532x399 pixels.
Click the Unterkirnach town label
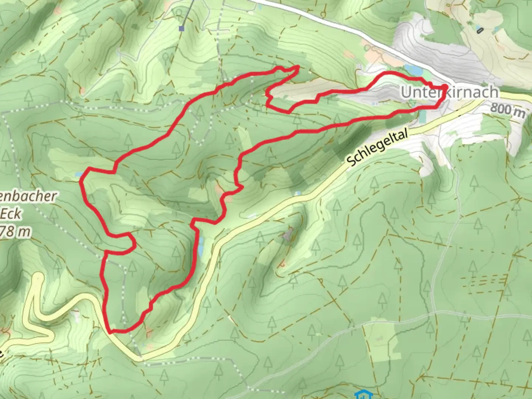pyautogui.click(x=449, y=92)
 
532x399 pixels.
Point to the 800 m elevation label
pyautogui.click(x=508, y=110)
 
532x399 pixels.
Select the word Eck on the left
pyautogui.click(x=11, y=214)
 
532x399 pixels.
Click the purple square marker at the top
pyautogui.click(x=181, y=28)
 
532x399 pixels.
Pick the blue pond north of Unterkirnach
pyautogui.click(x=413, y=69)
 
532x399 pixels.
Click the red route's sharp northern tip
pyautogui.click(x=298, y=66)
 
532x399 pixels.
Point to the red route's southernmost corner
pyautogui.click(x=110, y=331)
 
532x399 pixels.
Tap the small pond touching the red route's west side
pyautogui.click(x=78, y=174)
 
